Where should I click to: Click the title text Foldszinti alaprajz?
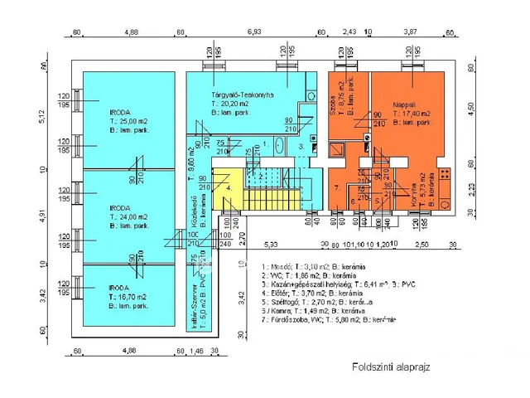click(x=390, y=366)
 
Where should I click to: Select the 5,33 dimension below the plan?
click(x=272, y=245)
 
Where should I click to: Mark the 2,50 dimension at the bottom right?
click(x=422, y=245)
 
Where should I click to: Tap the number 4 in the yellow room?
click(x=227, y=188)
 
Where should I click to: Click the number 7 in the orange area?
click(x=337, y=188)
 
